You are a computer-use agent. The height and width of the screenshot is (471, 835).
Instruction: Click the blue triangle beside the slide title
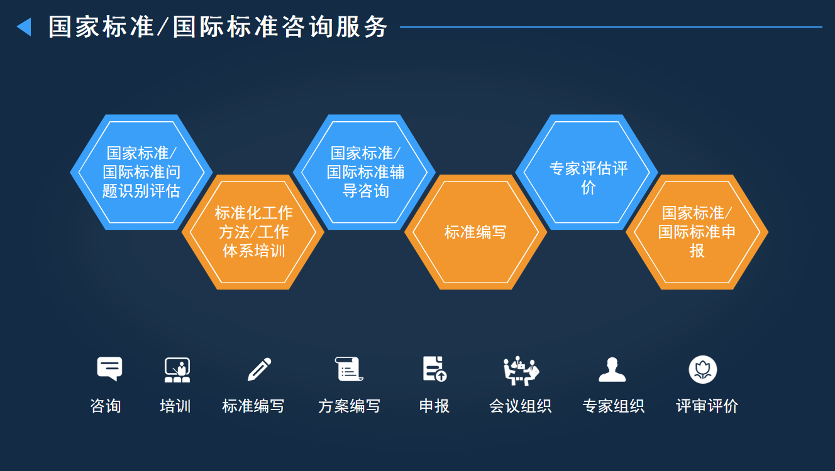(x=24, y=27)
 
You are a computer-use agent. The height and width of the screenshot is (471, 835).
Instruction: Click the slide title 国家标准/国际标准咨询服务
(x=218, y=27)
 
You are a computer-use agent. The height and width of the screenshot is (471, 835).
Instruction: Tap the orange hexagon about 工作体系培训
(x=253, y=232)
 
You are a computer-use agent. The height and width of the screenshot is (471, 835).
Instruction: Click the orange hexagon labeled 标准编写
(x=475, y=232)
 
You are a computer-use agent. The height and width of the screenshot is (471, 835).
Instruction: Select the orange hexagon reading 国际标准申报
(x=697, y=232)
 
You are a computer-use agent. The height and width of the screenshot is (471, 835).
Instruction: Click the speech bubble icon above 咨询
(x=109, y=369)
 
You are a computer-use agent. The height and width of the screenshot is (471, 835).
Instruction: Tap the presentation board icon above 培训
(x=177, y=370)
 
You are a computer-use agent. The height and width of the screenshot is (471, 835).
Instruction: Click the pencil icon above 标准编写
(x=259, y=369)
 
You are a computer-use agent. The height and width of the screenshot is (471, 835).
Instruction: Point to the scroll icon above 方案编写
(x=349, y=369)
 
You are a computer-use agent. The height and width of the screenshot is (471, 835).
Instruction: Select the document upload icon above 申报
(x=434, y=369)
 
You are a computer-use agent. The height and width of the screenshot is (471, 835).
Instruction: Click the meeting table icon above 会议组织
(x=521, y=370)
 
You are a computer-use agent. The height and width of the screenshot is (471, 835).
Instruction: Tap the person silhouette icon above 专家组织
(x=612, y=370)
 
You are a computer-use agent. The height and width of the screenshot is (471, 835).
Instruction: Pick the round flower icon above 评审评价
(x=702, y=369)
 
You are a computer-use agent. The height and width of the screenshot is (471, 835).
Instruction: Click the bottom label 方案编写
(x=349, y=406)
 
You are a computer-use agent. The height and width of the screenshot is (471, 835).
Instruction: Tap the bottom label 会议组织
(x=520, y=406)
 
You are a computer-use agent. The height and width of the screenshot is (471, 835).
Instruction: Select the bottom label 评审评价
(x=707, y=406)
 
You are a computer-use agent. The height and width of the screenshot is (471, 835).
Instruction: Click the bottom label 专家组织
(x=613, y=406)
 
